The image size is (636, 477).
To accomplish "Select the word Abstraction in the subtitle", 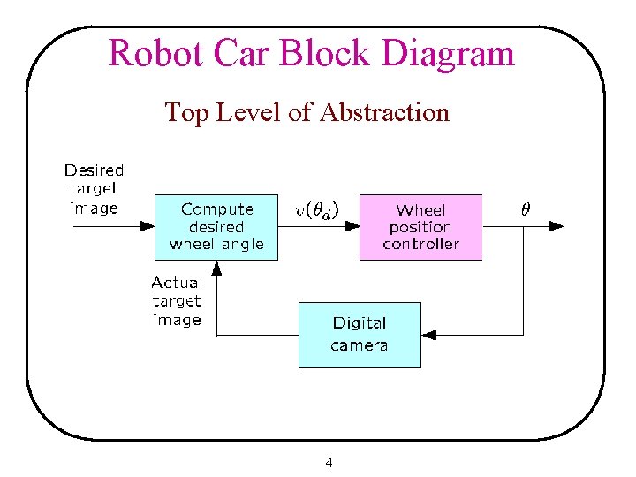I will (x=385, y=112).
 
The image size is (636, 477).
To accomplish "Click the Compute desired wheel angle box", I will (x=216, y=227).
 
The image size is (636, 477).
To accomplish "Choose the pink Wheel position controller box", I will (x=420, y=227).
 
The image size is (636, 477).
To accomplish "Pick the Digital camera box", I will (x=359, y=335).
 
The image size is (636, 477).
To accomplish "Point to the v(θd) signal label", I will (x=316, y=209).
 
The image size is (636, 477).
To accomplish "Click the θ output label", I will (x=525, y=209).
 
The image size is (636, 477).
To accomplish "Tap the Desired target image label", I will (x=94, y=189).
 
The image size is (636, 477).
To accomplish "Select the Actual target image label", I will (x=177, y=301).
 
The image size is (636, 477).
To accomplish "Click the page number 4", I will (x=329, y=462).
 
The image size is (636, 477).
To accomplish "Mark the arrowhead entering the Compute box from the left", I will (x=148, y=227).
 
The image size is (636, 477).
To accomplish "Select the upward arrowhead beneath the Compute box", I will (x=217, y=267).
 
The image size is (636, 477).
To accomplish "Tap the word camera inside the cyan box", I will (x=359, y=345).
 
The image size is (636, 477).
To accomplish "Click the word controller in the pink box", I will (x=420, y=244).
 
